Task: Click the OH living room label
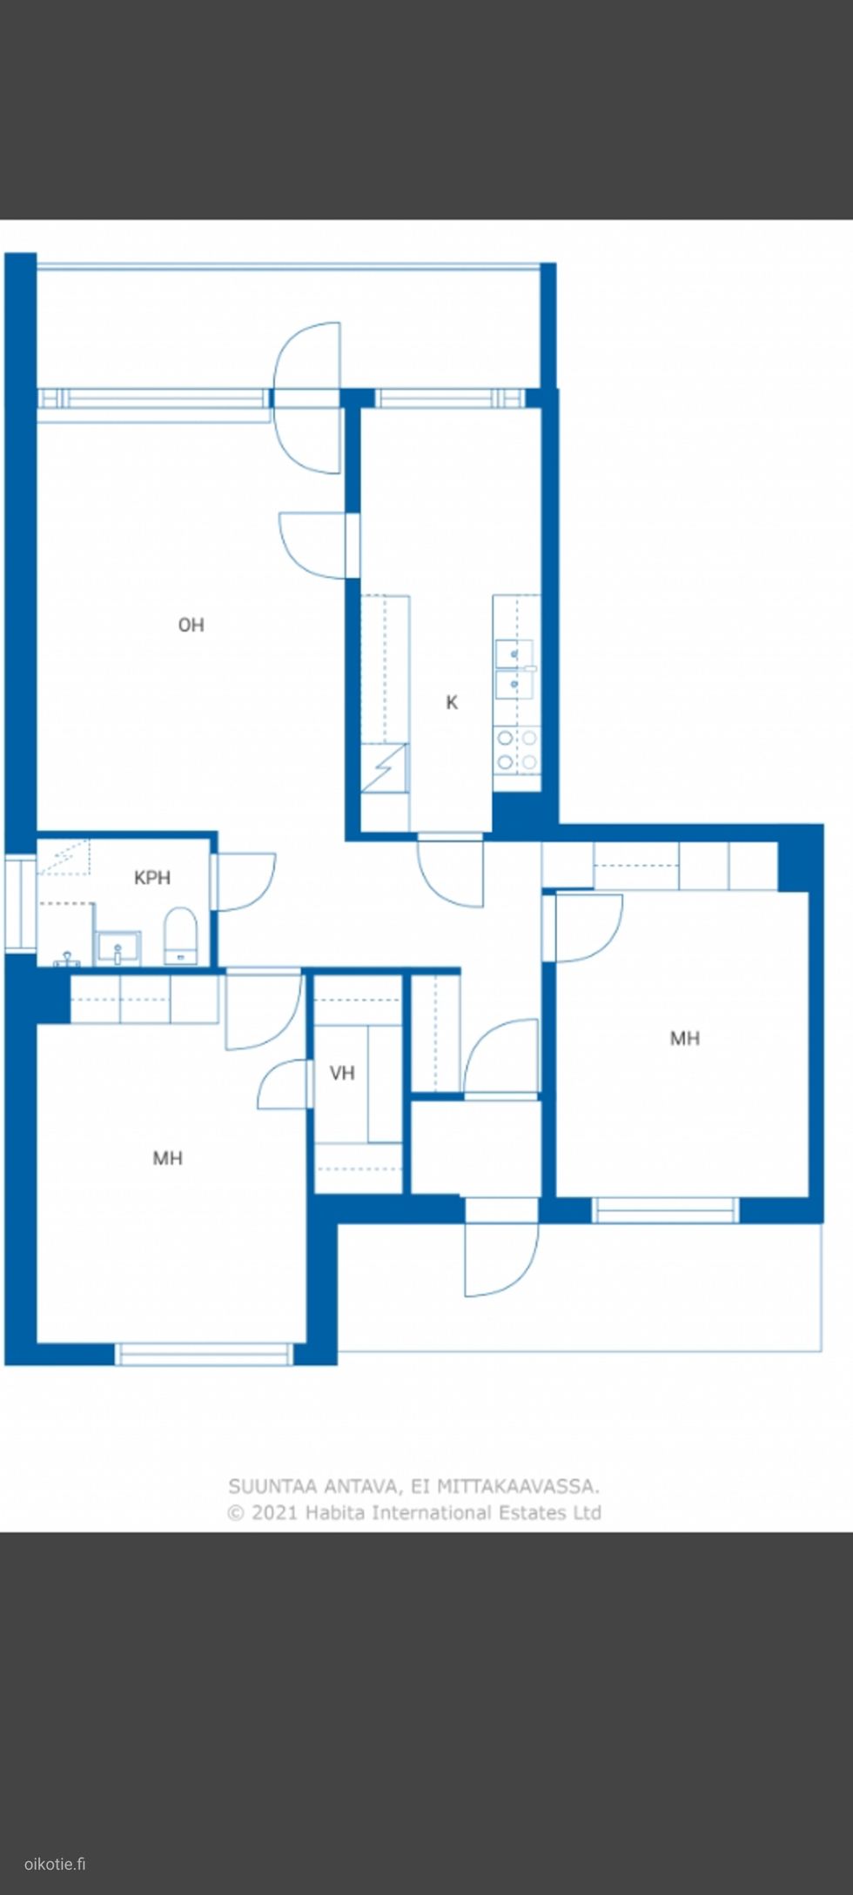(191, 625)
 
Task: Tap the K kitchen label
(452, 702)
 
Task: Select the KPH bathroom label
(152, 878)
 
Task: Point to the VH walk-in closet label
(342, 1073)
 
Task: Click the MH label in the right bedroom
(685, 1038)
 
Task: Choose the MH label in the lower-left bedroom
(168, 1158)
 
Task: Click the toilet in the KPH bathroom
(181, 936)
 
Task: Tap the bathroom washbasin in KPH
(118, 947)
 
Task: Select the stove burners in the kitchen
(517, 751)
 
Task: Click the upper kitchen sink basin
(514, 653)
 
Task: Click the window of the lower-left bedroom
(204, 1354)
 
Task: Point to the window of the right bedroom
(665, 1209)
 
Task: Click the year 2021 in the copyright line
(274, 1512)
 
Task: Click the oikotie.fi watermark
(55, 1864)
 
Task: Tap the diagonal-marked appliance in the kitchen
(384, 767)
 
